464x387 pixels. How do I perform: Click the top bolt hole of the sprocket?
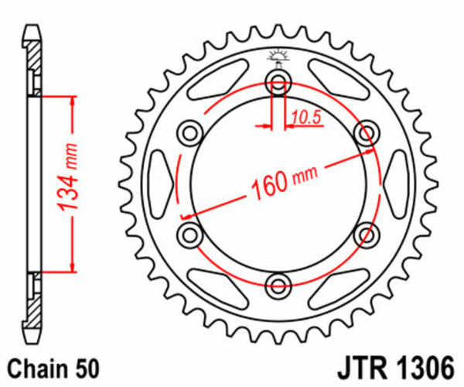pos(278,81)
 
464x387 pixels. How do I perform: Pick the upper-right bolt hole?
pos(365,132)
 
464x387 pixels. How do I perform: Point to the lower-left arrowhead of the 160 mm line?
pos(184,215)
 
